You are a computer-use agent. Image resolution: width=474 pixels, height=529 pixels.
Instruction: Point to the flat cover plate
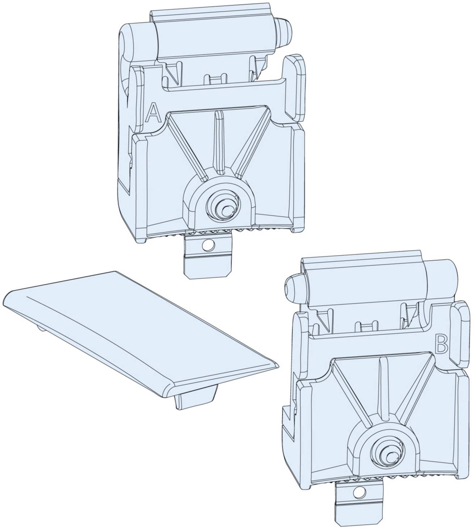tap(138, 337)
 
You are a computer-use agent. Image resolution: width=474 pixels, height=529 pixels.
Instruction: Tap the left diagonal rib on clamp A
tap(188, 148)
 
